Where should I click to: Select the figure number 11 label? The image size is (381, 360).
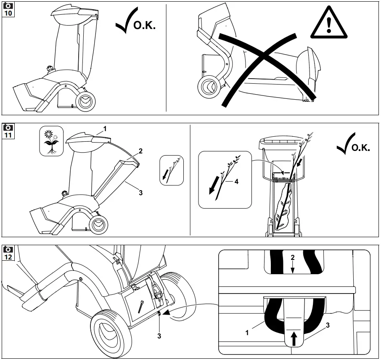[x=8, y=130]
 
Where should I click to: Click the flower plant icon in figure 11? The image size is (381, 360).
[x=51, y=141]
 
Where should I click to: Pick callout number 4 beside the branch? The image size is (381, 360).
[x=236, y=182]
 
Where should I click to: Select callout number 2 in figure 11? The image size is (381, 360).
[x=141, y=151]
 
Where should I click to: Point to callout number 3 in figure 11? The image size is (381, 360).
[x=140, y=193]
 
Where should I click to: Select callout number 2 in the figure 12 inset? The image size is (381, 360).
[x=293, y=257]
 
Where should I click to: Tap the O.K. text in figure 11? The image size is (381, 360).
[x=360, y=148]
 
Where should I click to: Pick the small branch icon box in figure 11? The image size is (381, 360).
[x=172, y=170]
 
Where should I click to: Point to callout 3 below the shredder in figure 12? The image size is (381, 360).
[x=159, y=336]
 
